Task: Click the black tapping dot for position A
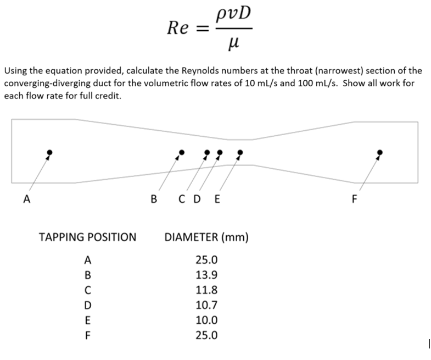tap(49, 152)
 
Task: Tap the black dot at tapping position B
tap(182, 152)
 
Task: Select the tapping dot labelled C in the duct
tap(207, 152)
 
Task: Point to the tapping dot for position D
tap(220, 152)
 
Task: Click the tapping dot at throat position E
tap(240, 152)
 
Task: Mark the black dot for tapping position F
tap(380, 152)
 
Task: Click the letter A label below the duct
tap(27, 199)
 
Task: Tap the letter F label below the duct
tap(354, 199)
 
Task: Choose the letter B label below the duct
tap(154, 199)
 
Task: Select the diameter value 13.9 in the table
tap(206, 275)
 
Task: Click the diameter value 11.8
tap(206, 290)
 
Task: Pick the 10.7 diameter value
tap(206, 305)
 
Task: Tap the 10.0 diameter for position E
tap(206, 320)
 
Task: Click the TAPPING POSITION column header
tap(88, 237)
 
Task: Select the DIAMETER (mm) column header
tap(206, 237)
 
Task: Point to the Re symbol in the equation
tap(178, 28)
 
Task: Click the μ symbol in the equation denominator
tap(234, 43)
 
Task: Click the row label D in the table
tap(88, 305)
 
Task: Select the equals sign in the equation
tap(202, 29)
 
